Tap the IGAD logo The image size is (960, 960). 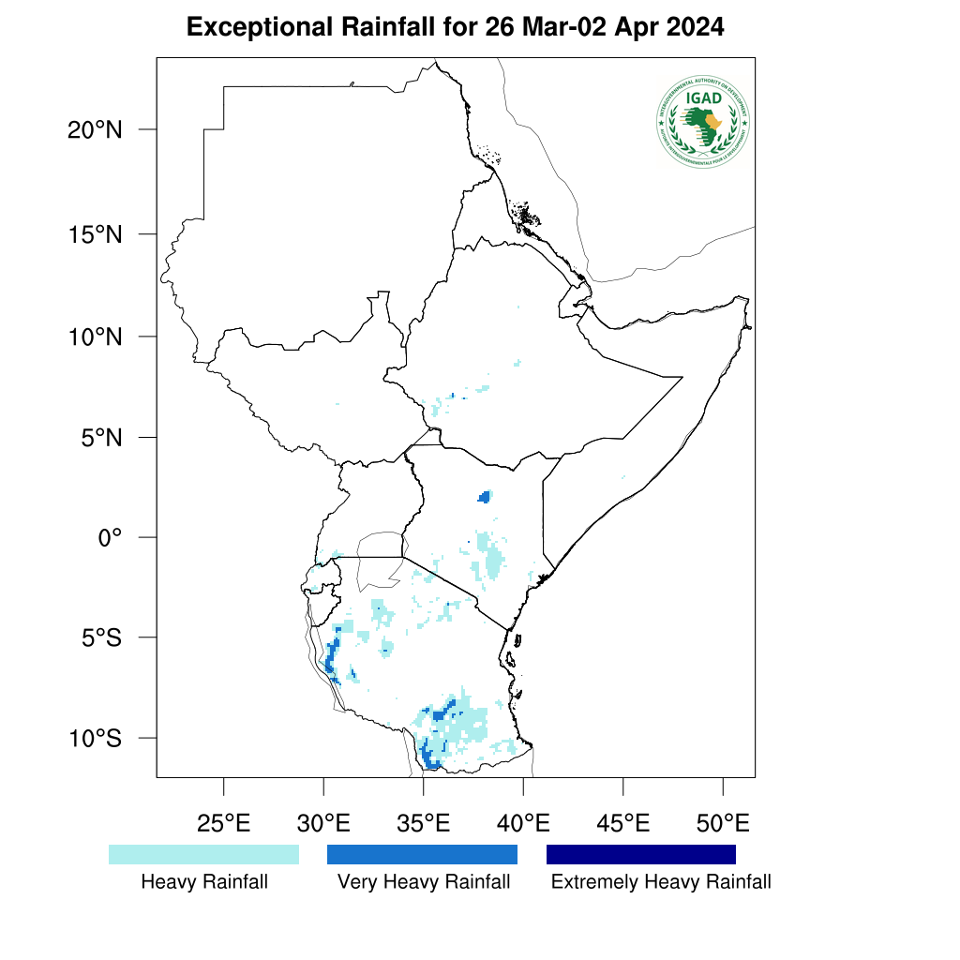tap(703, 121)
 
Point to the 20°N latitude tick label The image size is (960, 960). tap(95, 130)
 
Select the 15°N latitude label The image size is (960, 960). tap(95, 233)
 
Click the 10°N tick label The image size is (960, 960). tap(95, 336)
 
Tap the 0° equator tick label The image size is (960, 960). tap(111, 537)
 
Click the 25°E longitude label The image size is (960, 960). tap(223, 824)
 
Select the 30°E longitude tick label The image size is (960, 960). tap(323, 824)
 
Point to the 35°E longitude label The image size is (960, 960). tap(423, 824)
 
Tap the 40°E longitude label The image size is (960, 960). tap(523, 824)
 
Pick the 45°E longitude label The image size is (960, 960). tap(623, 824)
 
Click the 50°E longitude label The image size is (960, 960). tap(723, 824)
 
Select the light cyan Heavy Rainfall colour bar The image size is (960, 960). tap(203, 854)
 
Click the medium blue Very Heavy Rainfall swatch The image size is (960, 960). tap(422, 854)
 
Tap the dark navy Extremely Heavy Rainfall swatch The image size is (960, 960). tap(641, 854)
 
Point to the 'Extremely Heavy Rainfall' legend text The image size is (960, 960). tap(661, 882)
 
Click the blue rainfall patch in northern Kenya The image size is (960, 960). tap(485, 496)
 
